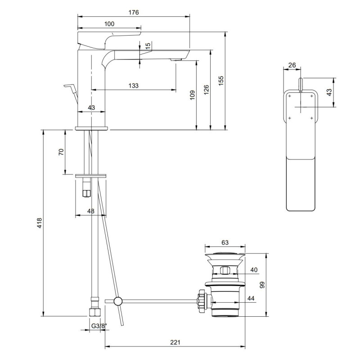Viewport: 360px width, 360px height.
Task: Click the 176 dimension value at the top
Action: [134, 12]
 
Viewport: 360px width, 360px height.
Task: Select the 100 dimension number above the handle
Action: [109, 24]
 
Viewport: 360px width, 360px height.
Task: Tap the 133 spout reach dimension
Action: [133, 85]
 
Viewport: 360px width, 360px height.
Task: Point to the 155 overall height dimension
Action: [220, 79]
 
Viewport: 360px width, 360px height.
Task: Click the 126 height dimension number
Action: [207, 90]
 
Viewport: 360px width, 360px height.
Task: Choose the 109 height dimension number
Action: [193, 95]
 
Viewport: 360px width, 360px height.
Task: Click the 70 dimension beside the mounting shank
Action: [62, 152]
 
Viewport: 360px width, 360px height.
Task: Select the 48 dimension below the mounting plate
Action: [91, 211]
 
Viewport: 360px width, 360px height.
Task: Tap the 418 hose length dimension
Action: [39, 223]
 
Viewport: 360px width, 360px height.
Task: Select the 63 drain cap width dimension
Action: [225, 242]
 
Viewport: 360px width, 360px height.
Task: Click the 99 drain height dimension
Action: [262, 284]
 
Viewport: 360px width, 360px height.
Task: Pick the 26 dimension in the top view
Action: [292, 65]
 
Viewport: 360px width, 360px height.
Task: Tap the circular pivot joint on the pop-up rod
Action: [118, 301]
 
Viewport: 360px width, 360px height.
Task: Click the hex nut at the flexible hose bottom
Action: [95, 311]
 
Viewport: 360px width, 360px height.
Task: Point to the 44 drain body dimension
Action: [250, 298]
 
